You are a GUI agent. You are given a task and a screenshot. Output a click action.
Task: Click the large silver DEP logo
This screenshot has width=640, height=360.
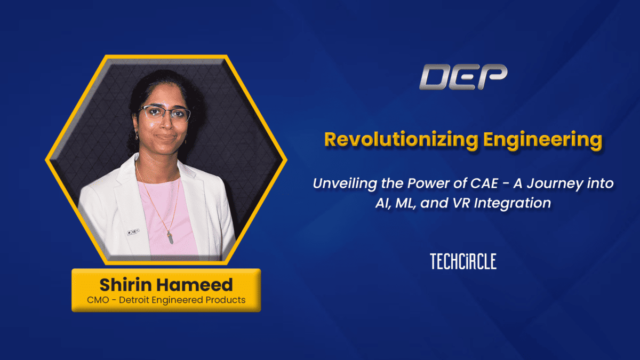[463, 77]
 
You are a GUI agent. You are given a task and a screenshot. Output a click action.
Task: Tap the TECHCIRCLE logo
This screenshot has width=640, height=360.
[463, 261]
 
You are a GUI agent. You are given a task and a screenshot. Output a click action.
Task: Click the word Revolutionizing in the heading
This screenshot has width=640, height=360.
[401, 140]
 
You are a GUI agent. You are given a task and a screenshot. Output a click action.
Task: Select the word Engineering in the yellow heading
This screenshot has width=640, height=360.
[542, 140]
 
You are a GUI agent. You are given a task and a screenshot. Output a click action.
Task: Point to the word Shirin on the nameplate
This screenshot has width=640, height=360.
[126, 285]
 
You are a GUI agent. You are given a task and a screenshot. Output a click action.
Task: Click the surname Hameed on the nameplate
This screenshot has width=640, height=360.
[195, 285]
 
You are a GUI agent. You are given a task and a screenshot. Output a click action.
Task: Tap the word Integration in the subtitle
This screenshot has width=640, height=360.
[513, 203]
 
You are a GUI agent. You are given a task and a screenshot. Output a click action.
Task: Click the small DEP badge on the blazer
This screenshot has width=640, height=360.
[133, 232]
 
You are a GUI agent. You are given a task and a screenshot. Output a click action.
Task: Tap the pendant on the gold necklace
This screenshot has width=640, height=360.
[170, 237]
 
